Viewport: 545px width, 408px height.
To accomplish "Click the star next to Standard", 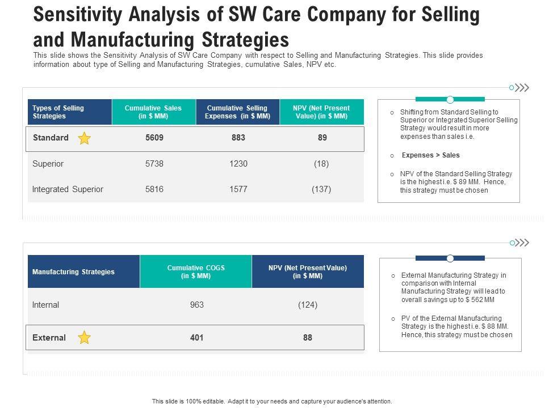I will (84, 138).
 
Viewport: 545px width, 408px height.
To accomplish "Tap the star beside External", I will (84, 338).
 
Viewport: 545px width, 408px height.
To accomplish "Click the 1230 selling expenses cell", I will (238, 164).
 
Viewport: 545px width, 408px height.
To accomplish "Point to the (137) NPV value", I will (321, 189).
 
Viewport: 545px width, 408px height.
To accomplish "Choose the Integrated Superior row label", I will (68, 189).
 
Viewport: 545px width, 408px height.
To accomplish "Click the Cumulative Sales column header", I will (153, 112).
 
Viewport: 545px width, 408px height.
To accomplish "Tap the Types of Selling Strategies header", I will (58, 112).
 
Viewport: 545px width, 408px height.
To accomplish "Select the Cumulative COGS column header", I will (195, 272).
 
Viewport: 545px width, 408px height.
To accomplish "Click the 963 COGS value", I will (196, 305).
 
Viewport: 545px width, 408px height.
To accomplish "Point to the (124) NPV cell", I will (307, 305).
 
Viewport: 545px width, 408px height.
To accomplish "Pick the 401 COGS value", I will (196, 338).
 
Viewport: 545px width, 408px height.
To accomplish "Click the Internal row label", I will (45, 305).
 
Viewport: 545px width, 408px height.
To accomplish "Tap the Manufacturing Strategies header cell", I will (73, 272).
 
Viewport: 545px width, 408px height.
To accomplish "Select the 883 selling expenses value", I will (238, 138).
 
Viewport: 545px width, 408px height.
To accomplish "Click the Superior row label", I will (48, 164).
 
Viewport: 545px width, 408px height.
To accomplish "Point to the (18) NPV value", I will (321, 164).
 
